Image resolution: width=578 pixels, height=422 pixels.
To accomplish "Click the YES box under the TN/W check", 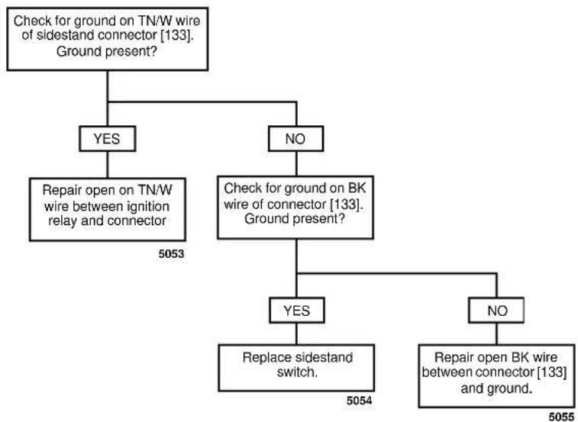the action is coord(107,139).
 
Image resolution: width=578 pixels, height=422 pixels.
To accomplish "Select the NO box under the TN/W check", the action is coord(295,139).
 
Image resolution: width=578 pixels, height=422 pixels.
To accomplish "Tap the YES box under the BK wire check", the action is coord(297,311).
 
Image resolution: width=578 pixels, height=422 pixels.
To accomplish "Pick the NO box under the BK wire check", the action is coord(496,311).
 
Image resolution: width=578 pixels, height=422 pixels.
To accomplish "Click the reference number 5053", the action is coord(171,253).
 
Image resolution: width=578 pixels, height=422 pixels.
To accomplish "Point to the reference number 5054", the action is coord(360,401).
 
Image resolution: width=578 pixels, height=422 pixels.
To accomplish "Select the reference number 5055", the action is coord(561,417).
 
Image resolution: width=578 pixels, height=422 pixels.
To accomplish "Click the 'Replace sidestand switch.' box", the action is coord(296,368).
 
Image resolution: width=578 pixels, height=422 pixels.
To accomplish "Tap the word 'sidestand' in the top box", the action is coord(69,35).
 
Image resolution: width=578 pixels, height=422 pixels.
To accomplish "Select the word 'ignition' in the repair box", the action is coord(148,206).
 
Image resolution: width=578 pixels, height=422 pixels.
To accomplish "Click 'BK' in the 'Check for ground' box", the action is coord(357,188).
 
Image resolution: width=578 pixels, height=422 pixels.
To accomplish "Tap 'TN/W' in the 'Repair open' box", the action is coord(155,190).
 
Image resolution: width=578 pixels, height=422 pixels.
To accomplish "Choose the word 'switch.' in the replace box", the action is coord(297,372).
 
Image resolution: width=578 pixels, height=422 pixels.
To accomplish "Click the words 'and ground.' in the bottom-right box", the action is coord(496,388).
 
